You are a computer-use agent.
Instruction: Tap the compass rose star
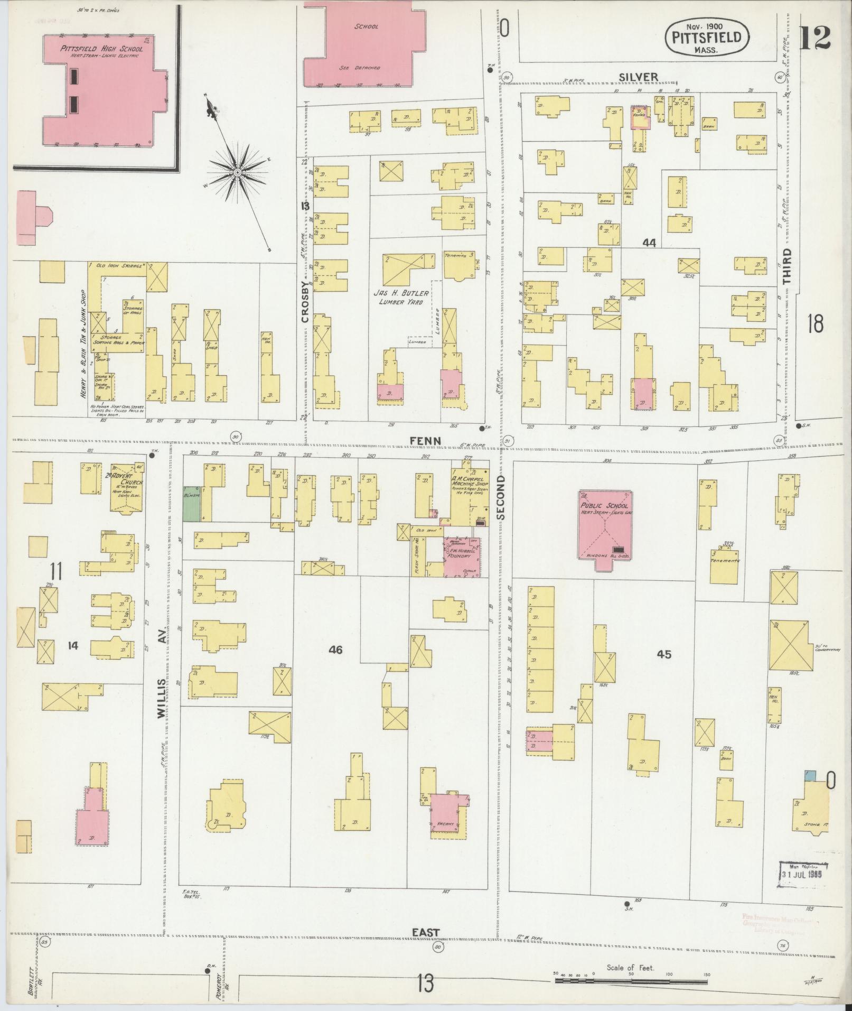237,172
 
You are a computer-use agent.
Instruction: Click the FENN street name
425,440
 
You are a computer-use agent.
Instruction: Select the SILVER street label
639,77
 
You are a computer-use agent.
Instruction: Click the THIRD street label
787,267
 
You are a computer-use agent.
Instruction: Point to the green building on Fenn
192,504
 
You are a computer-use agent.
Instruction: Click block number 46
335,650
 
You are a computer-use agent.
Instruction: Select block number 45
663,654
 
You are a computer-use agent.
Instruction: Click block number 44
649,243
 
